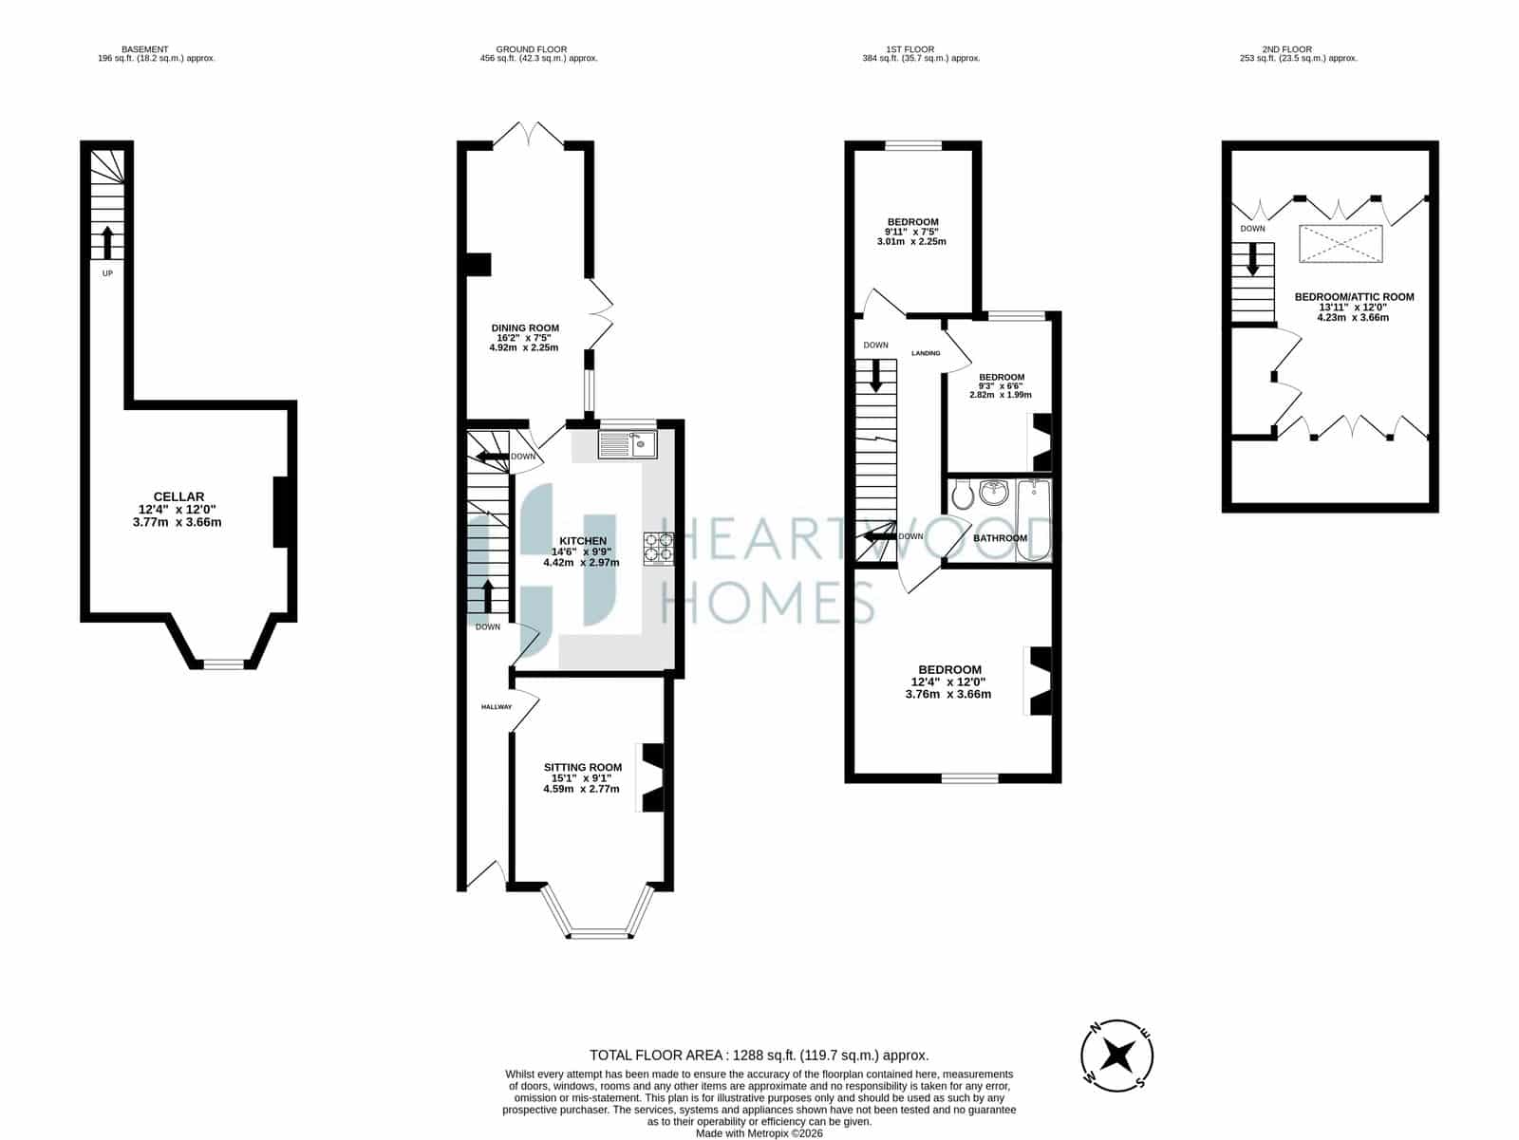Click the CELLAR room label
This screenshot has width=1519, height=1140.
coord(178,496)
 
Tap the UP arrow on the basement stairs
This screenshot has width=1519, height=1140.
coord(107,242)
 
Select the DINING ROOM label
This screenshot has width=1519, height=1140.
coord(525,327)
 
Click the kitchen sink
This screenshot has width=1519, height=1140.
coord(628,445)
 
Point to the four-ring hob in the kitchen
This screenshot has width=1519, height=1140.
coord(659,548)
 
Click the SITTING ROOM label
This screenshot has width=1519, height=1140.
coord(583,767)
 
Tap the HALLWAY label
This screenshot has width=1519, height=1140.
coord(497,707)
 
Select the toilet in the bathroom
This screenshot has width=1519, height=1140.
coord(962,495)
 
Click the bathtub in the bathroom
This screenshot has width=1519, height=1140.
coord(1034,520)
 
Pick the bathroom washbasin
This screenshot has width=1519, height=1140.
coord(995,493)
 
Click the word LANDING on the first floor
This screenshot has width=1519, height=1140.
coord(926,353)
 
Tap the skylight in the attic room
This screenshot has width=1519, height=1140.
coord(1341,244)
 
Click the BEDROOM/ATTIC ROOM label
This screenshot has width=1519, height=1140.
coord(1355,297)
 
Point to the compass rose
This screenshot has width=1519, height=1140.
coord(1116,1056)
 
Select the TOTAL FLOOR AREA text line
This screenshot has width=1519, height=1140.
coord(759,1056)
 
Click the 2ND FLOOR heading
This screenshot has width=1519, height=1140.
coord(1287,49)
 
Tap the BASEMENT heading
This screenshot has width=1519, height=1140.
coord(144,49)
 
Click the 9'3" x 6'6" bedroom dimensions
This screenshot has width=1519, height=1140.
coord(1001,386)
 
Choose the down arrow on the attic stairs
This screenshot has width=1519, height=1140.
coord(1252,259)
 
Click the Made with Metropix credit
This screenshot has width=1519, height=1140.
coord(759,1133)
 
